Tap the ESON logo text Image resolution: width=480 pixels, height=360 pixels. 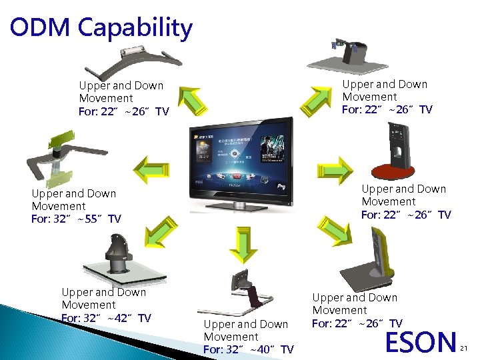[x=420, y=341]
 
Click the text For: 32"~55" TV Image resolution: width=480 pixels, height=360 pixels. [x=76, y=219]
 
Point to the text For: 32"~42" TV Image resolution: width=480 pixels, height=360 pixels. [x=106, y=318]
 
